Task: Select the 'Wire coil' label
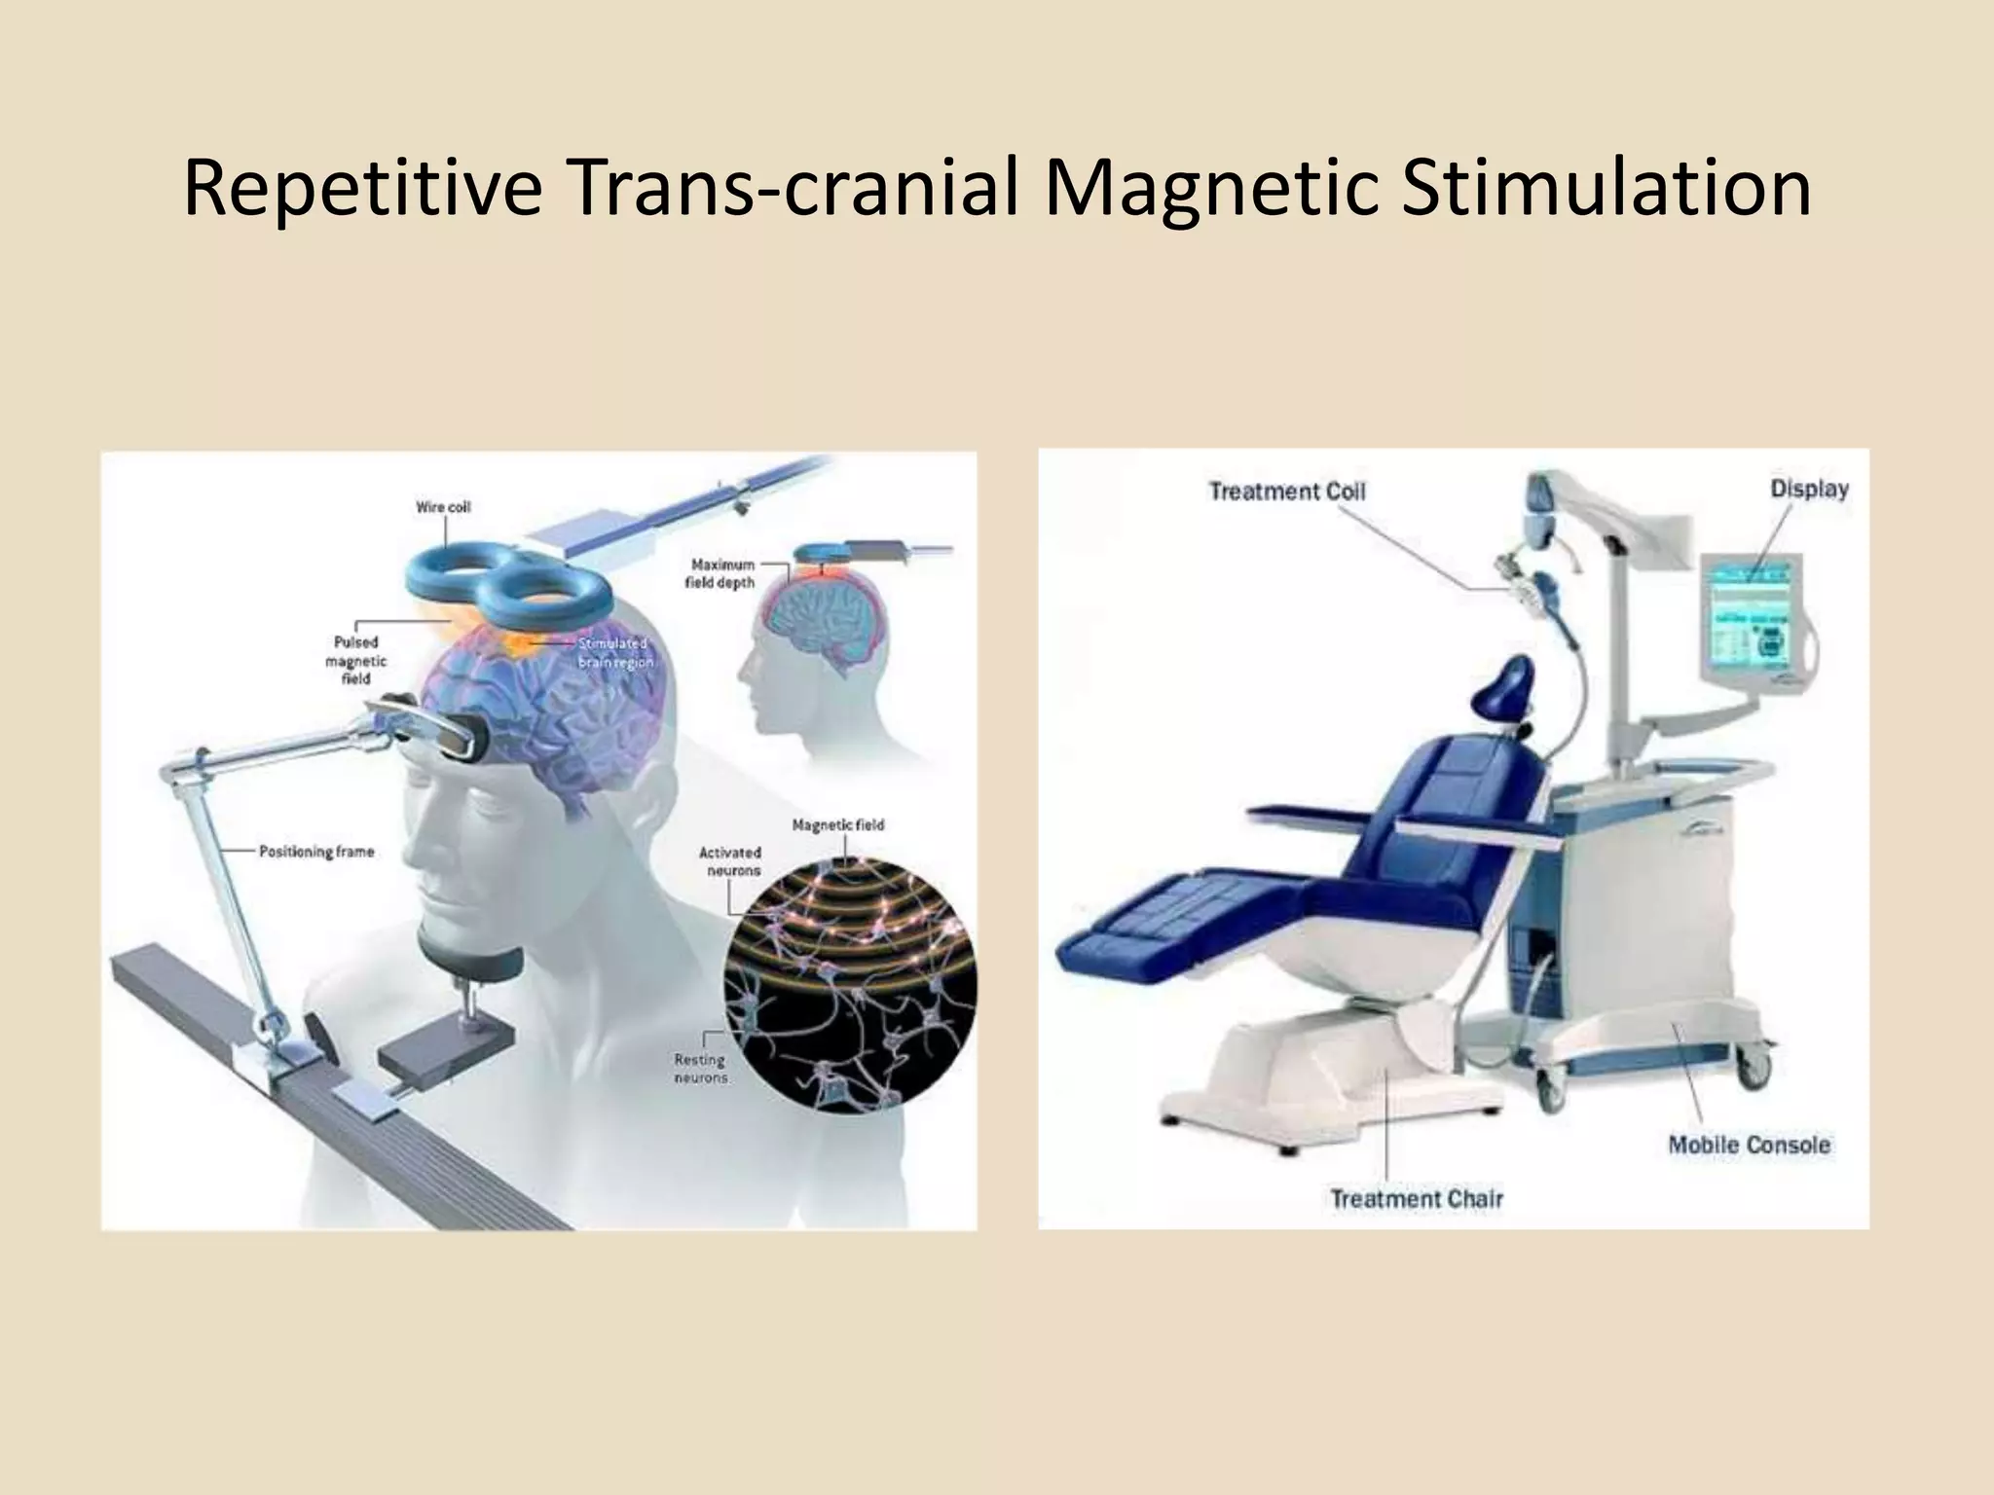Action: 443,507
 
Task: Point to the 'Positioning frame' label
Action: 316,852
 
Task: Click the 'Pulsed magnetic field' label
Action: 355,660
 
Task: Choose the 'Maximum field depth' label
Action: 722,573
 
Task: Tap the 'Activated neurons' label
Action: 730,861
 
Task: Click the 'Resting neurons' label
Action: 700,1068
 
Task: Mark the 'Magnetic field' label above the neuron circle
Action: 837,825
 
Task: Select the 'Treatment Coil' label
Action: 1286,492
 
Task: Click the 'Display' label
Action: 1809,490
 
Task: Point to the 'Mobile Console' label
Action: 1749,1145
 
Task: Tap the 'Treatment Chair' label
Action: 1417,1198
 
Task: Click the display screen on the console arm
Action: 1750,623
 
